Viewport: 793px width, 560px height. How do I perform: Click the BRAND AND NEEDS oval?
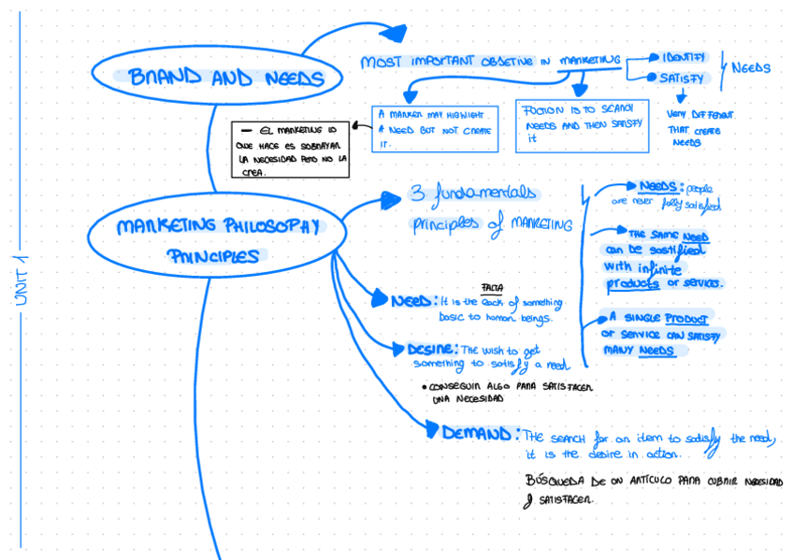220,77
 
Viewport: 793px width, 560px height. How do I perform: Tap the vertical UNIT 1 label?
21,280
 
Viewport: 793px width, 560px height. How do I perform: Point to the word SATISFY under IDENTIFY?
682,79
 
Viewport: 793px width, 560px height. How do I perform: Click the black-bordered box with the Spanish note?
290,149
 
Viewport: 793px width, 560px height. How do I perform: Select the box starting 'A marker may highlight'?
435,128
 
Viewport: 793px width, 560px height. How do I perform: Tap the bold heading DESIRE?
431,350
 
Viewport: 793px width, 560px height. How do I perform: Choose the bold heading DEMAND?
480,434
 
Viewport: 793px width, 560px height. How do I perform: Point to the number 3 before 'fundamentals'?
417,195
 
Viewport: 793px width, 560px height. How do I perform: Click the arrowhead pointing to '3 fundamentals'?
391,198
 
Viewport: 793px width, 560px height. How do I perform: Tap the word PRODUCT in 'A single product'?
687,319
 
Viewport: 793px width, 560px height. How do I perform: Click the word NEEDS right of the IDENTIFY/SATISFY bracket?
750,68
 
